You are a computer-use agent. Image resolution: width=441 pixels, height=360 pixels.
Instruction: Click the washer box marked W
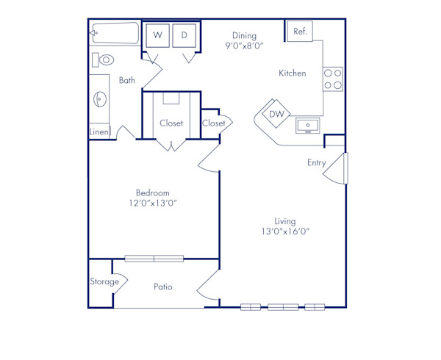click(157, 35)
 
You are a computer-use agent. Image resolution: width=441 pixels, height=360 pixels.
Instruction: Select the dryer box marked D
click(184, 35)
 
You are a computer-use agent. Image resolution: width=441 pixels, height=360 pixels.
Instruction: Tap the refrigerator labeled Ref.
click(301, 32)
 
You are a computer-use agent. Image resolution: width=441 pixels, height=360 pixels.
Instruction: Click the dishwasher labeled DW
click(276, 114)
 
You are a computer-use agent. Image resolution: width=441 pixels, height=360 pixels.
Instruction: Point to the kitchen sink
click(308, 126)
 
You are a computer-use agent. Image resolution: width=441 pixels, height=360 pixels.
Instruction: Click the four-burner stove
click(333, 79)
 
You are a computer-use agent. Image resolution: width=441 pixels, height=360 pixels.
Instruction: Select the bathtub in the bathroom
click(115, 33)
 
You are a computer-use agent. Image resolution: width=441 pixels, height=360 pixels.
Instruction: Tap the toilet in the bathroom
click(104, 60)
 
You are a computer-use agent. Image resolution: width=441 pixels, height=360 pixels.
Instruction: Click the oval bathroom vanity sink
click(99, 98)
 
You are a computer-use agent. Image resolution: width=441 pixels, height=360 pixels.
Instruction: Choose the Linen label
click(99, 132)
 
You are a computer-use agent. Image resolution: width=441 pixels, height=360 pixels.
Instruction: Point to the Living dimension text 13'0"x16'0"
click(285, 231)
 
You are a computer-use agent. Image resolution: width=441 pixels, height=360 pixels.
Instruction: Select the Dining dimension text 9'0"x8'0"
click(244, 46)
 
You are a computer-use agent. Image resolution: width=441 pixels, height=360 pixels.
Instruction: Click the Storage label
click(104, 281)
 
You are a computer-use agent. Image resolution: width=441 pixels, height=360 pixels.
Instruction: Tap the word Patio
click(163, 287)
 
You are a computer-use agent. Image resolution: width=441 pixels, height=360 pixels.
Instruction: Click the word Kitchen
click(292, 73)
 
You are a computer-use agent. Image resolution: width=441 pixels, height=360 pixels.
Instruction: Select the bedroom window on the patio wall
click(154, 258)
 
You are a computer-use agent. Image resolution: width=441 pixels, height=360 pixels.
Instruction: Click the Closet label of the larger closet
click(171, 123)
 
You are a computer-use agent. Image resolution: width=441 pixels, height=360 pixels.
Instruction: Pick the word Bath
click(127, 81)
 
